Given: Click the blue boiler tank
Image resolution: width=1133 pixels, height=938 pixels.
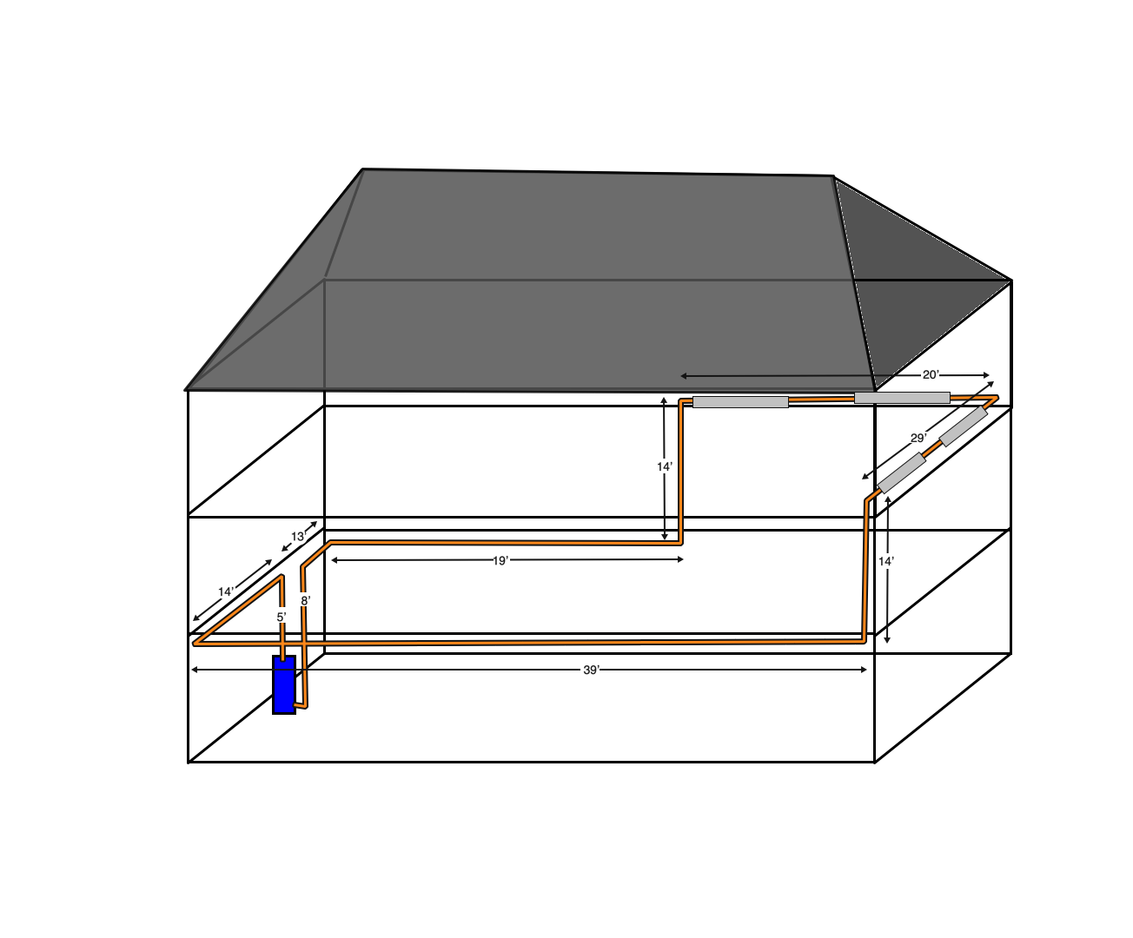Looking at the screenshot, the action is (284, 684).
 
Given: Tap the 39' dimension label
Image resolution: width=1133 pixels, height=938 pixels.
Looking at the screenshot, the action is (591, 670).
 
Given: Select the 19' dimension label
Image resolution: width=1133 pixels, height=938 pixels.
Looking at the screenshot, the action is (500, 560).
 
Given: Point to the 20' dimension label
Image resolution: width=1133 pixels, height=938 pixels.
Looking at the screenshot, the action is (931, 375).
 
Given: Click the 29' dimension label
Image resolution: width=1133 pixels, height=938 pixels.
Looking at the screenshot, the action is (918, 438).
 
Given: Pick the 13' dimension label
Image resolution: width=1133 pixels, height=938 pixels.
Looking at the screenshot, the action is (298, 537).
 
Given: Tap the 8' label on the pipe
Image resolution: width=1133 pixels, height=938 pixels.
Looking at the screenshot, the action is (306, 601).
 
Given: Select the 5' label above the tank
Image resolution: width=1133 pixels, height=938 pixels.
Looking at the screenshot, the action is (282, 617).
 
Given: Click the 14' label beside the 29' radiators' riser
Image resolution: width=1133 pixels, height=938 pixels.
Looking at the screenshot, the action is (886, 562).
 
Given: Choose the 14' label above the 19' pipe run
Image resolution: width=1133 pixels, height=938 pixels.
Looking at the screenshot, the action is (665, 466).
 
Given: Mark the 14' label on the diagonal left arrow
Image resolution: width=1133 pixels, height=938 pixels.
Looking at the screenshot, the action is (226, 591).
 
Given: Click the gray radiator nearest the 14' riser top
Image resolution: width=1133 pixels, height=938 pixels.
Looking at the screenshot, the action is (740, 402).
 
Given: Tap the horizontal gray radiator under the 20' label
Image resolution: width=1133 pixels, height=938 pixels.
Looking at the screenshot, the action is (902, 398).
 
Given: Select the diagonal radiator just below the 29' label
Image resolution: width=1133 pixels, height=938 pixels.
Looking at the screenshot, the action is (901, 473).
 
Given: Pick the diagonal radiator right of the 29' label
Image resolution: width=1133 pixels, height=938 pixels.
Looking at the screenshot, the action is (964, 426).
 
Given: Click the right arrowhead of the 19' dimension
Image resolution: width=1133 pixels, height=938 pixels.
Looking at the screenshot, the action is (680, 559).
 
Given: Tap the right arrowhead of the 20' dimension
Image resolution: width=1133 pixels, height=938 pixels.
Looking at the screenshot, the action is (986, 375).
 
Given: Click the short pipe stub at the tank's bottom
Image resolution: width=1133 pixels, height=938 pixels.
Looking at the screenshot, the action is (301, 706).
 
